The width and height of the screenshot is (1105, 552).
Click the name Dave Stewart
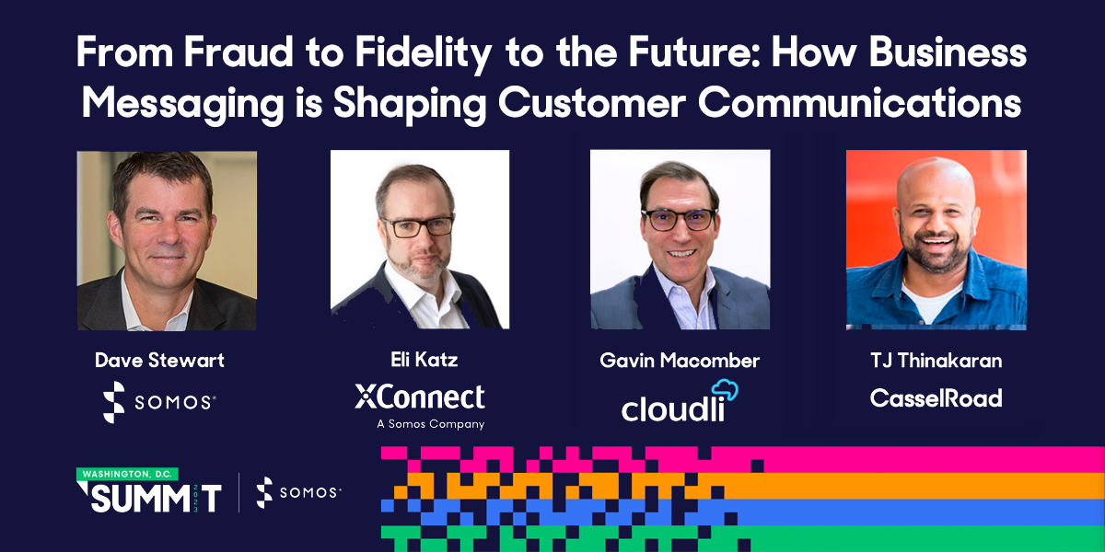pyautogui.click(x=159, y=361)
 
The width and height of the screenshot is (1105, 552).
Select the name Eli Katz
pyautogui.click(x=419, y=361)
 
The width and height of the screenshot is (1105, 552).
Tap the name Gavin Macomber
pyautogui.click(x=680, y=361)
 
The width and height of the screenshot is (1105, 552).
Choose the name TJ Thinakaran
pyautogui.click(x=936, y=361)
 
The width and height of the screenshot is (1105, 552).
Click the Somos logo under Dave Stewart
pyautogui.click(x=159, y=402)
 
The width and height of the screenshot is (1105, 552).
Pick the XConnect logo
pyautogui.click(x=419, y=397)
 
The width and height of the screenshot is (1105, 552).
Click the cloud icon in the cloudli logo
pyautogui.click(x=726, y=389)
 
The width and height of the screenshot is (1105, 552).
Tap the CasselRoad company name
pyautogui.click(x=936, y=398)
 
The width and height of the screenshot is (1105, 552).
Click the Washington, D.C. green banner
pyautogui.click(x=127, y=474)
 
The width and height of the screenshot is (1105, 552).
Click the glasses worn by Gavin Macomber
pyautogui.click(x=679, y=219)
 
